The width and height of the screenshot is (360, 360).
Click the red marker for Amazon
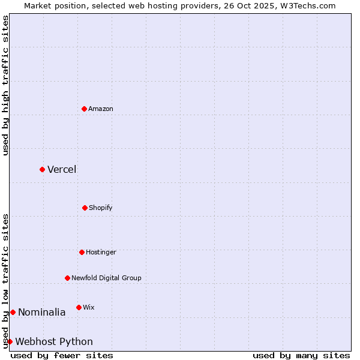point(84,109)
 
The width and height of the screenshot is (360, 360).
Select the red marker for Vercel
point(42,169)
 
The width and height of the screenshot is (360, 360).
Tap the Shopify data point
point(85,208)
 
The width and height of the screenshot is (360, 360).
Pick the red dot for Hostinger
point(82,252)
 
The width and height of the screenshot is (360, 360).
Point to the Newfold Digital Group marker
point(67,278)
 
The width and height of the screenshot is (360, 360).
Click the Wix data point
point(79,307)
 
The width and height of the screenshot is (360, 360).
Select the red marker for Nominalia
point(13,312)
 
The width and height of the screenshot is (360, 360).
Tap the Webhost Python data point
point(10,341)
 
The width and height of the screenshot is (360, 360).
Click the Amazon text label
point(101,109)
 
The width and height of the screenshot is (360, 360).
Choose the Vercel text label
point(62,169)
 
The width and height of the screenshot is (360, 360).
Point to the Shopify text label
point(101,208)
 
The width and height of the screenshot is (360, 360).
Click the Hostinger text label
point(101,252)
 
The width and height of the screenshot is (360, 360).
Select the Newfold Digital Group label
point(106,278)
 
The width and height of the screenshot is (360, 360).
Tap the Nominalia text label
point(42,312)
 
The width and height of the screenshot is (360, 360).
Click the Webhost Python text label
point(54,341)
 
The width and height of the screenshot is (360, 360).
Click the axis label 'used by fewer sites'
point(62,355)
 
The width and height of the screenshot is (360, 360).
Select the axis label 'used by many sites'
point(301,355)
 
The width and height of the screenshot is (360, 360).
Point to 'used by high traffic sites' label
point(5,85)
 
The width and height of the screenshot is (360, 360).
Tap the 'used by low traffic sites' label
point(5,281)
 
